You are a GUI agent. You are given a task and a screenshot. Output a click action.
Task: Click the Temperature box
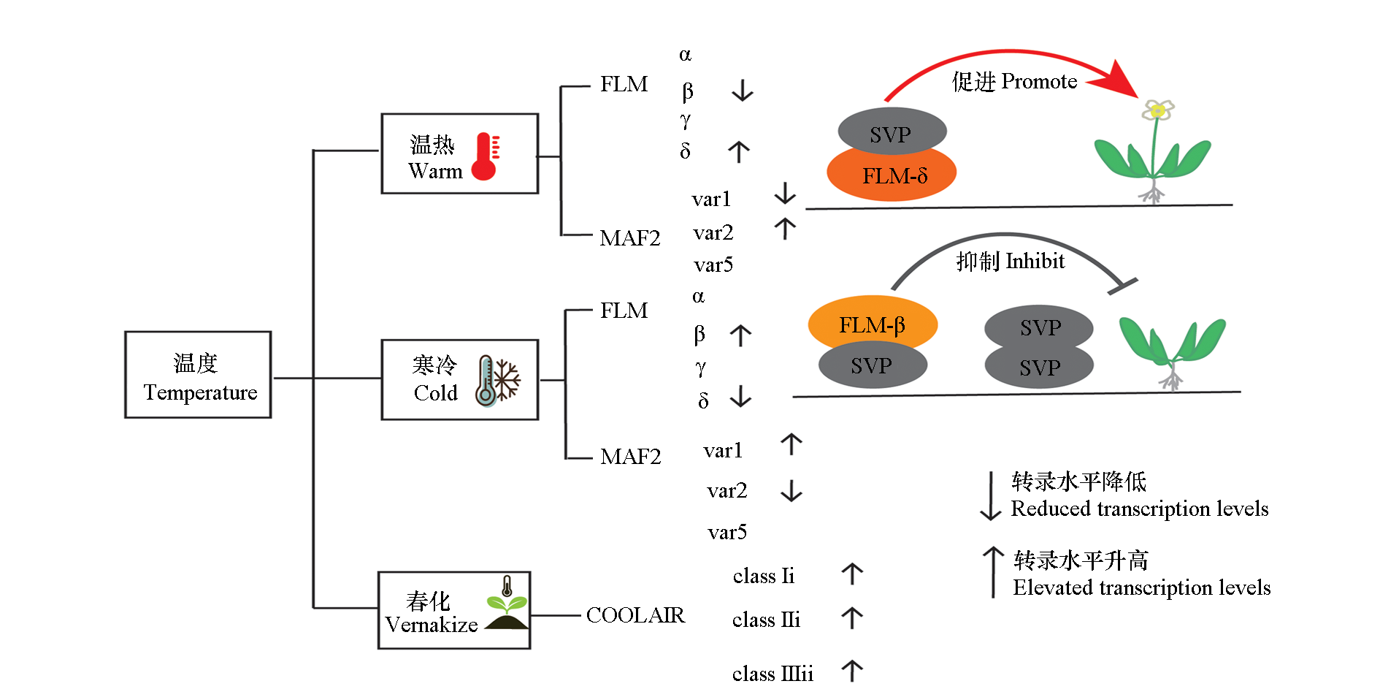pos(198,375)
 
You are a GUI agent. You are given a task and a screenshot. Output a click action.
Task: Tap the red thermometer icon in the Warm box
pos(485,156)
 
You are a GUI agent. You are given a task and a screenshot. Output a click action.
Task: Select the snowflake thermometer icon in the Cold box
pos(497,381)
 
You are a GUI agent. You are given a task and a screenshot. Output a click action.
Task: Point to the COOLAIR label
pos(635,615)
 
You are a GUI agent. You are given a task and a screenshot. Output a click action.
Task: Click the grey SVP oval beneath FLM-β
pos(872,366)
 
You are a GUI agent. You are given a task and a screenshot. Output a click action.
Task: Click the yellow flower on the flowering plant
pos(1157,110)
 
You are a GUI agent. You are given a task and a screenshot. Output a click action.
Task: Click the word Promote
pos(1039,81)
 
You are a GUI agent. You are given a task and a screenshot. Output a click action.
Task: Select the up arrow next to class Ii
pos(851,574)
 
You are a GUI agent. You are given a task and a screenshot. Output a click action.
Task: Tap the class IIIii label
pos(773,674)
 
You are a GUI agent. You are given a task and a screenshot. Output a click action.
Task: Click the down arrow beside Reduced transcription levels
pos(990,496)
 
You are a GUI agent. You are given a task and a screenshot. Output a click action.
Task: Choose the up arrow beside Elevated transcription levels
pos(993,572)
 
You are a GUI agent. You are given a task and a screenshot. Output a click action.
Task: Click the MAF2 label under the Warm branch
pos(629,238)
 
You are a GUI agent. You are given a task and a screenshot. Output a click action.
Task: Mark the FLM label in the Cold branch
pos(624,311)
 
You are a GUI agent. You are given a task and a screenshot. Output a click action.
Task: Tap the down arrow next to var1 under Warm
pos(785,194)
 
